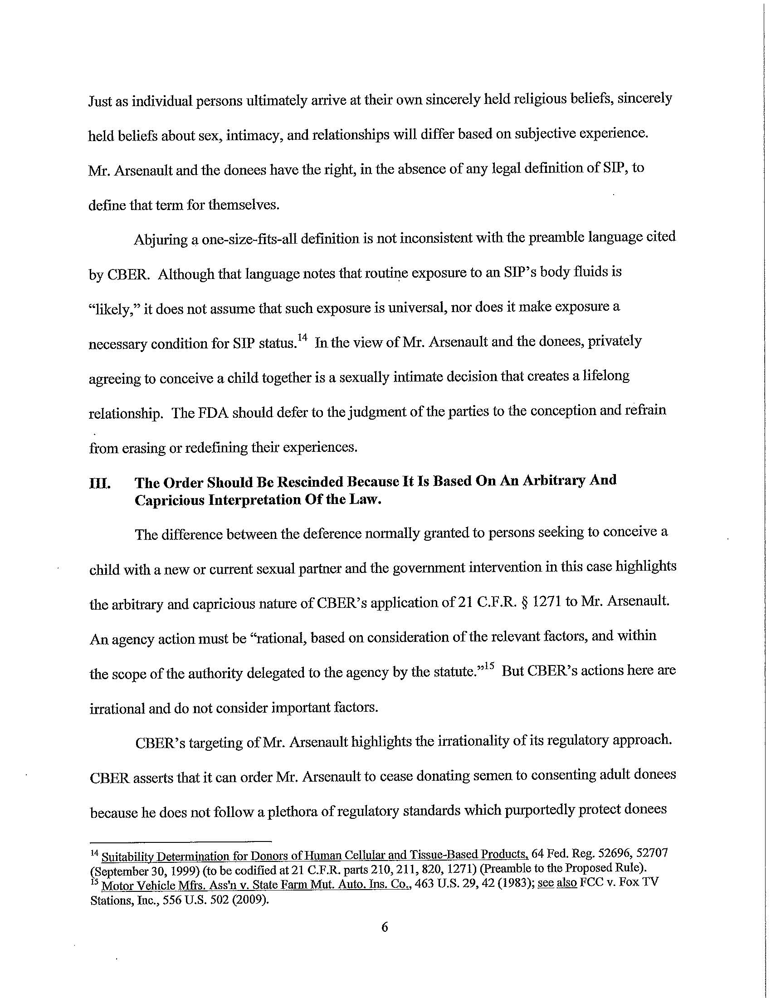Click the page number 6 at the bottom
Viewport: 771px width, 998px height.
point(384,927)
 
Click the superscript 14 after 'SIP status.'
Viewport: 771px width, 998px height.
point(302,338)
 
